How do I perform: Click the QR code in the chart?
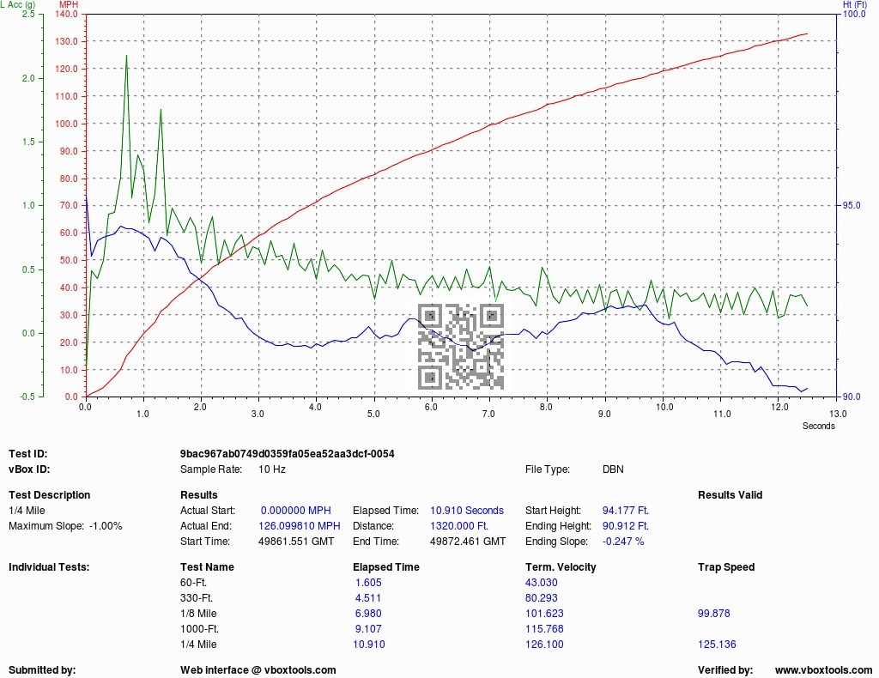(461, 346)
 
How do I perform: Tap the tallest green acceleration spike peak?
(127, 56)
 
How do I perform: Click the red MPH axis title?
(69, 4)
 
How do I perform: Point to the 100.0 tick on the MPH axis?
(67, 124)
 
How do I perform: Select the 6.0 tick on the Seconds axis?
(431, 408)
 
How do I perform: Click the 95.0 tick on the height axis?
(851, 206)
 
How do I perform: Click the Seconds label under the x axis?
(818, 426)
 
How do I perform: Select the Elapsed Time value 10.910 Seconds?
(467, 511)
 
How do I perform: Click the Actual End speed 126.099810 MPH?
(300, 526)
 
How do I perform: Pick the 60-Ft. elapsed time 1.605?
(368, 583)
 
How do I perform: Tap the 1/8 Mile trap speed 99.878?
(713, 614)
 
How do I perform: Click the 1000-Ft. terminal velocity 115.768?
(544, 629)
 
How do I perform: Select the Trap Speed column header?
(726, 567)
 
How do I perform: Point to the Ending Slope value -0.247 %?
(623, 542)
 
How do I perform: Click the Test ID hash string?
(287, 454)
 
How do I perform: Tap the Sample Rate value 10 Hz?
(272, 469)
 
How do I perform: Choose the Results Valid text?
(730, 495)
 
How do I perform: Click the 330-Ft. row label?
(197, 598)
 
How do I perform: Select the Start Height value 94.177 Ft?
(625, 511)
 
